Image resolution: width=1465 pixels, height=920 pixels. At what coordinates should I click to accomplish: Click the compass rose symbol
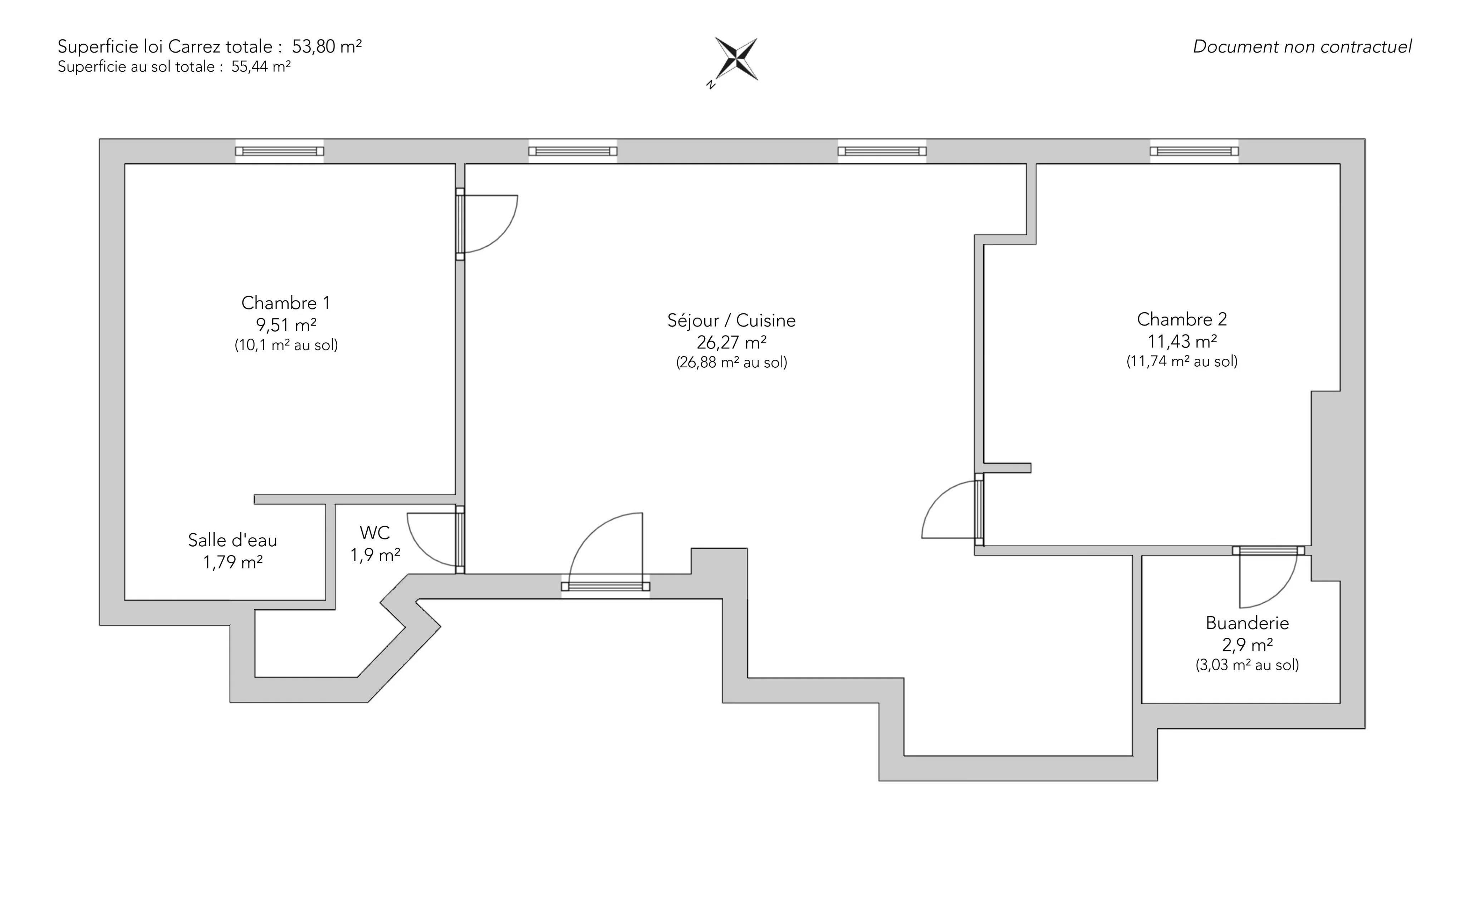(736, 60)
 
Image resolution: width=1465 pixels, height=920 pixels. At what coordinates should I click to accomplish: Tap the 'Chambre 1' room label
(285, 303)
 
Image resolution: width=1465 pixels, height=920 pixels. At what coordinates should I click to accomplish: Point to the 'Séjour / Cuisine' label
(731, 320)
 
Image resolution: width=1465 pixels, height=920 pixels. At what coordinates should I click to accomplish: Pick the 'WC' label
(375, 533)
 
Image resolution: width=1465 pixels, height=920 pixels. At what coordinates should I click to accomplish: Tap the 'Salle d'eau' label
(232, 540)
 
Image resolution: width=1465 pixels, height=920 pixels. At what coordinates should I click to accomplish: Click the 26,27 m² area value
(731, 343)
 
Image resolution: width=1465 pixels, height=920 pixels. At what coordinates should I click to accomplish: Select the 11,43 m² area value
(1182, 341)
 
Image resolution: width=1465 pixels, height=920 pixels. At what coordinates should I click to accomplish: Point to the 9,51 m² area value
(286, 325)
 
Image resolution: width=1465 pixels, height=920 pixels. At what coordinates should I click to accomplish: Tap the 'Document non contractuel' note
(1302, 47)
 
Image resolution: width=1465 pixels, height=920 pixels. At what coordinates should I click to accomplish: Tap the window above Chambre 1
(280, 151)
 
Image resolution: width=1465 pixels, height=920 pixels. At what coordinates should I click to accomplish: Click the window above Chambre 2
(1194, 151)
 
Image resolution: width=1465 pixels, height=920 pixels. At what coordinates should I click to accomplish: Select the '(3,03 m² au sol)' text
(1247, 665)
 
